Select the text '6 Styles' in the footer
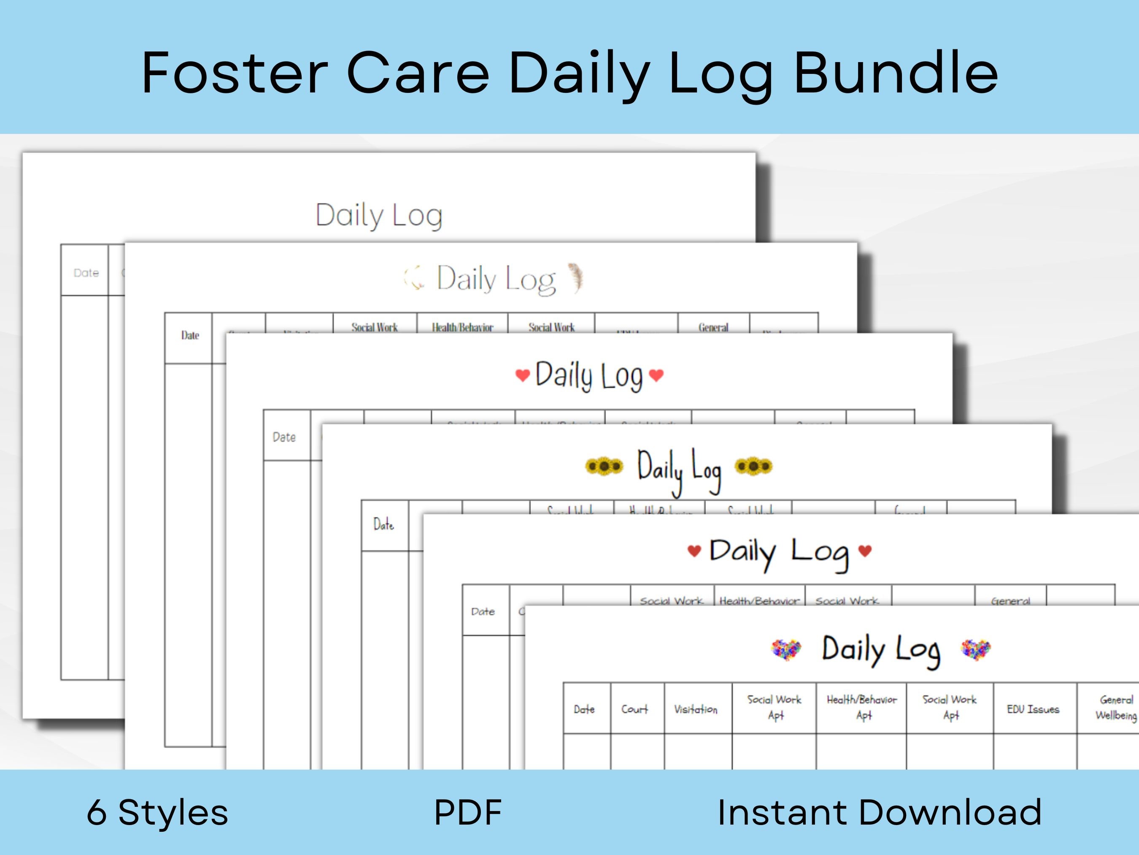click(157, 812)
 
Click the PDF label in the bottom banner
click(467, 812)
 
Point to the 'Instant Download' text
click(880, 812)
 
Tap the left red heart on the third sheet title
click(522, 375)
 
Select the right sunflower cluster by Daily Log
click(753, 466)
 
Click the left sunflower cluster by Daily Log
click(604, 466)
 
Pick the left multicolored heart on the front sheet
click(786, 649)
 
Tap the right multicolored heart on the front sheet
click(976, 649)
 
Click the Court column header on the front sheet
click(634, 709)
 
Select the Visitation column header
click(696, 709)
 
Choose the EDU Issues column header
click(1033, 709)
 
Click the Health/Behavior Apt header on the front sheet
click(861, 707)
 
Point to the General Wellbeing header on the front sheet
click(1115, 707)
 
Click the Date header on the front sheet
click(584, 709)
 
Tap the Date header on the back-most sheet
click(86, 273)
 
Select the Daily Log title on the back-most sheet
click(379, 215)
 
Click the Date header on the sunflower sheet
click(383, 525)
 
